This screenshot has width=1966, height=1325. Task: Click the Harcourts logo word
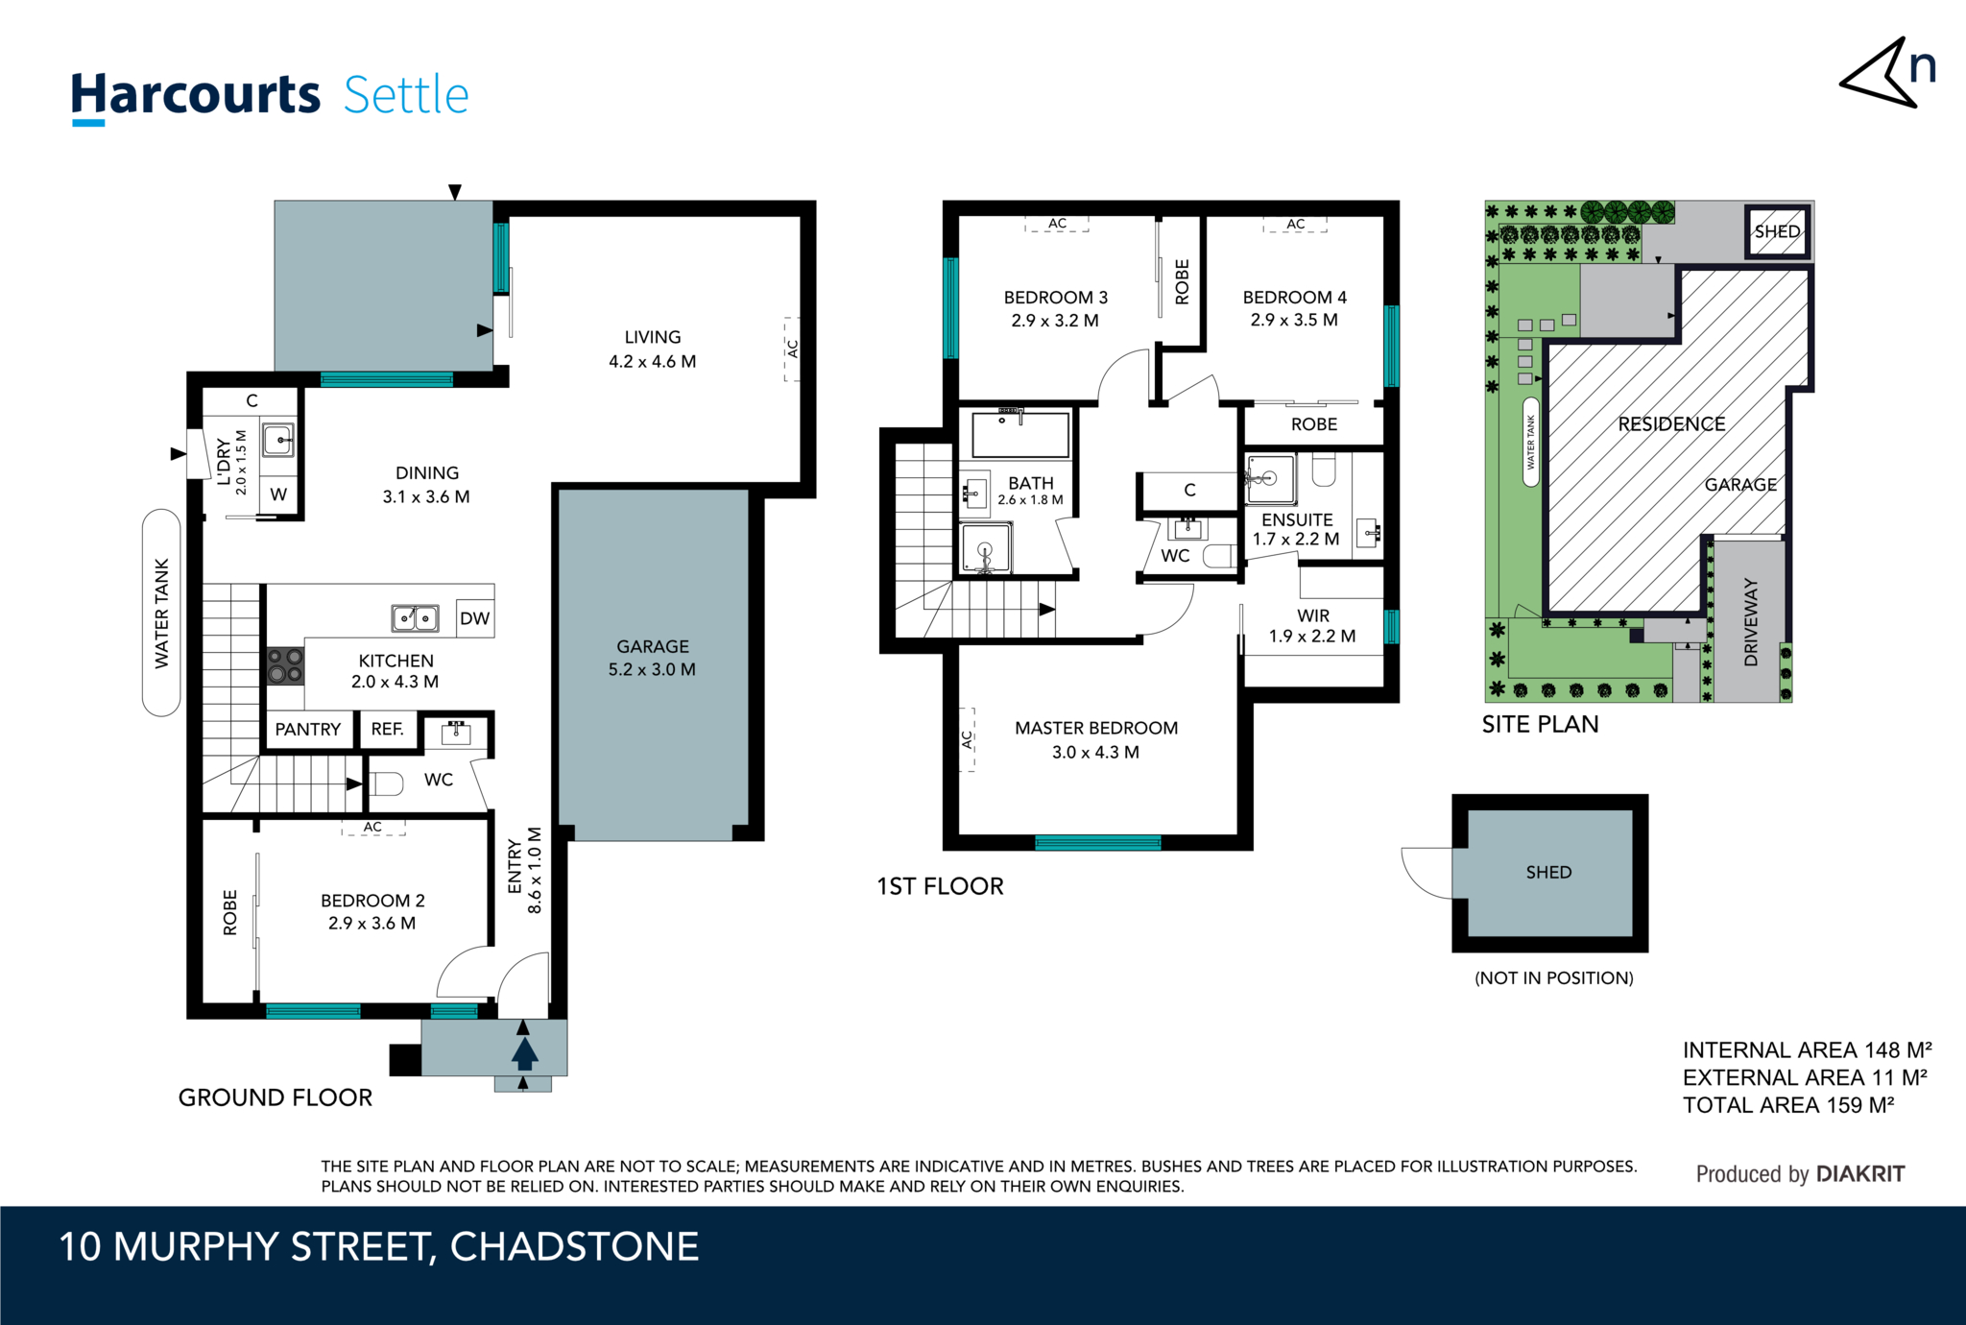coord(196,95)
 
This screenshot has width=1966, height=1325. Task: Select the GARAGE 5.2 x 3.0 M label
coord(652,658)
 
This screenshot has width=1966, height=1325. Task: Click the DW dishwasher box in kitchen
coord(474,618)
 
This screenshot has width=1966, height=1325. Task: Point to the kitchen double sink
coord(416,617)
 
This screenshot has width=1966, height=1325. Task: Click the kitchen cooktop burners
coord(285,664)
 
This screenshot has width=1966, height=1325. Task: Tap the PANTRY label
coord(307,730)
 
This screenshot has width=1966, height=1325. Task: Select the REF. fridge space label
coord(387,730)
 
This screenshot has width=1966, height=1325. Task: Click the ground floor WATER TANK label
coord(161,613)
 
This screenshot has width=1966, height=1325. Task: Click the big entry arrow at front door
coord(524,1052)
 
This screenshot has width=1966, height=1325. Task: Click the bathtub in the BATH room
coord(1019,435)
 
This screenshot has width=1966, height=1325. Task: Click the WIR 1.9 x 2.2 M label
coord(1312,625)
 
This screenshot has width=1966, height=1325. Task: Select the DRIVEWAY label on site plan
coord(1750,621)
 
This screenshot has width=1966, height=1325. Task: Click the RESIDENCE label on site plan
coord(1671,424)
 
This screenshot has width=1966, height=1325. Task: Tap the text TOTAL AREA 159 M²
coord(1787,1105)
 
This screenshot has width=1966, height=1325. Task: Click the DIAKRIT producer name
coord(1859,1173)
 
